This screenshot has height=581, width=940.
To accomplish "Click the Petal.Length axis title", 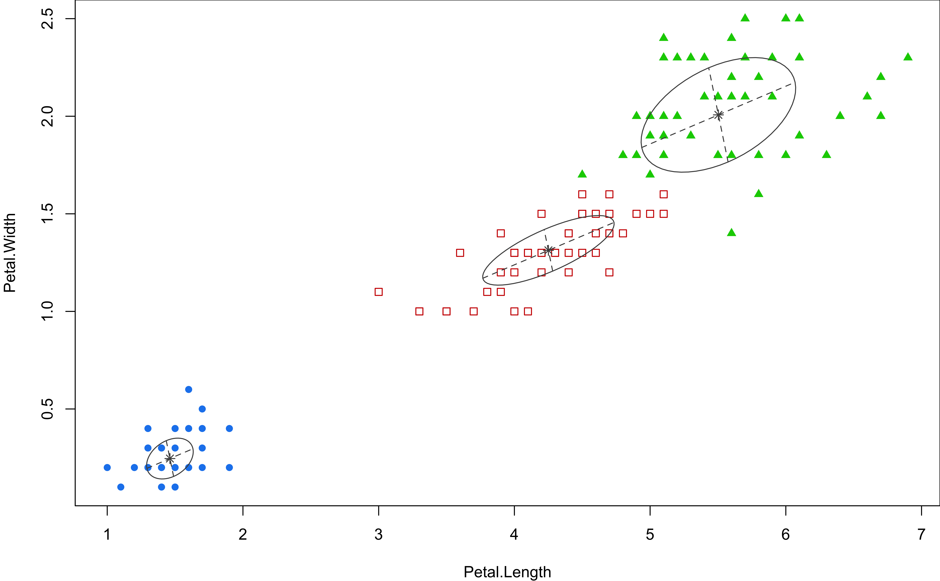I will pyautogui.click(x=507, y=572).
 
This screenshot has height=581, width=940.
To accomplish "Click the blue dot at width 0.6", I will pyautogui.click(x=189, y=389).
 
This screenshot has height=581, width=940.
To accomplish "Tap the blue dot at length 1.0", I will pyautogui.click(x=107, y=467).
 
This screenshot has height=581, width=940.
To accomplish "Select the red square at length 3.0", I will pyautogui.click(x=378, y=292).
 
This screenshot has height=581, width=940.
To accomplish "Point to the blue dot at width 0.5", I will pyautogui.click(x=202, y=409).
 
